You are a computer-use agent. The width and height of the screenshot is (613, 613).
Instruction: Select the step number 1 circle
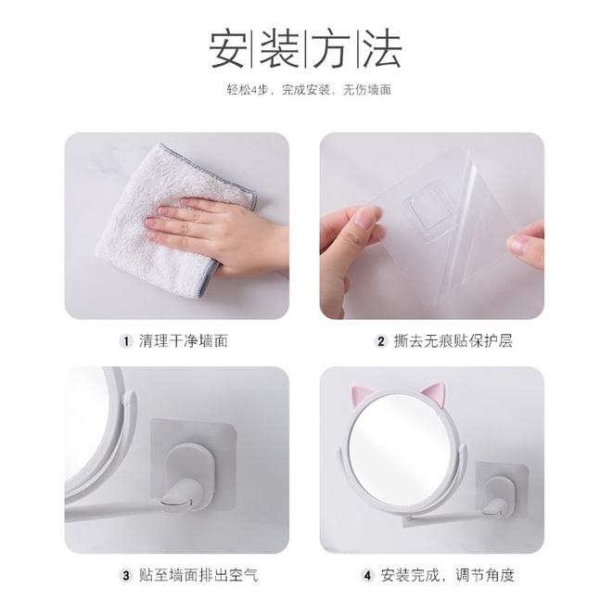tap(126, 340)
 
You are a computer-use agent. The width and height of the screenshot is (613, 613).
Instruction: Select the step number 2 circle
tap(380, 340)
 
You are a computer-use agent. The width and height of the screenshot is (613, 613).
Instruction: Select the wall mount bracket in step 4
tap(497, 477)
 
